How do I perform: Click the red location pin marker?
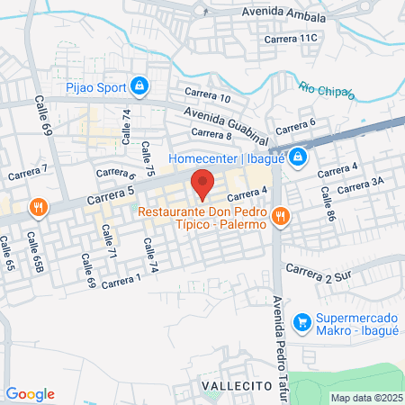(202, 183)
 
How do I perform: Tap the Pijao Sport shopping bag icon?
(139, 86)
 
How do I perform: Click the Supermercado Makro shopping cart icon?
(302, 320)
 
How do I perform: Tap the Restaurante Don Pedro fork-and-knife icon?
(281, 215)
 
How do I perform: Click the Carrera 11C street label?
(292, 38)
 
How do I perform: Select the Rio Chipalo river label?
(327, 89)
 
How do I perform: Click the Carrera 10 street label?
(207, 95)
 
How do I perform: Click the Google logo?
(30, 394)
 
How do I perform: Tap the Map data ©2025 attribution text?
(364, 398)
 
